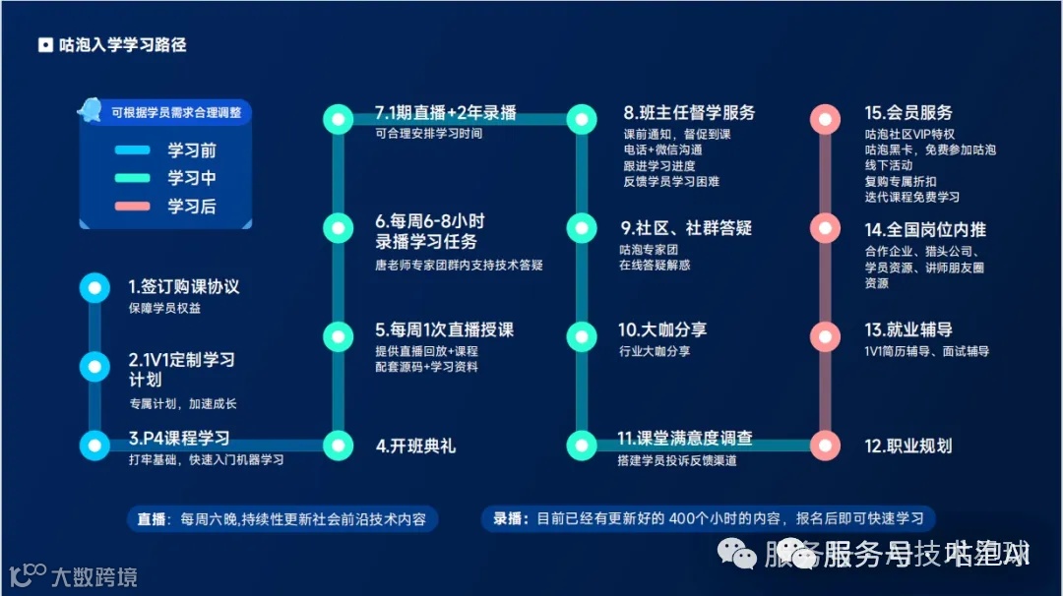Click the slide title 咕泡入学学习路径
[x=122, y=45]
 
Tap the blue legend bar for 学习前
[x=132, y=150]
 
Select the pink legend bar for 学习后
[x=132, y=207]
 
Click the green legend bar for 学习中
[x=132, y=178]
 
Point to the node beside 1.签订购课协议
[x=94, y=287]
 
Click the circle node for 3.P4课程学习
[x=94, y=445]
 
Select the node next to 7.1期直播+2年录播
[x=339, y=119]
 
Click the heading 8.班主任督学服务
[x=689, y=112]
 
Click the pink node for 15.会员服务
[x=825, y=119]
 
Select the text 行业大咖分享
[x=655, y=351]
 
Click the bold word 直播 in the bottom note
[x=153, y=519]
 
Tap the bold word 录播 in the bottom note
[x=507, y=519]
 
